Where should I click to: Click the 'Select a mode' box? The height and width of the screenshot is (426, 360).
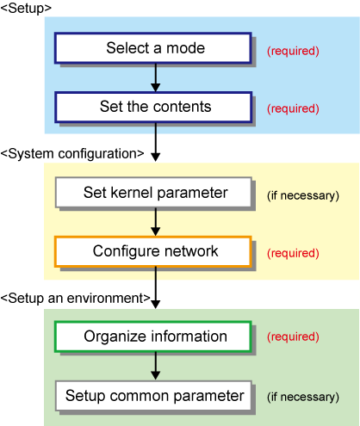pyautogui.click(x=153, y=48)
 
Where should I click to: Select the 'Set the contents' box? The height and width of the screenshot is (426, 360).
pyautogui.click(x=153, y=107)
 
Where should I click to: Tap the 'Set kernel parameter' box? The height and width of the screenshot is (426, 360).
pyautogui.click(x=153, y=192)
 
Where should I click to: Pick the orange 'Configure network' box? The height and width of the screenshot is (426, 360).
pyautogui.click(x=153, y=251)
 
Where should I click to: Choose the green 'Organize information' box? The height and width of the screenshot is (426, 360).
pyautogui.click(x=153, y=336)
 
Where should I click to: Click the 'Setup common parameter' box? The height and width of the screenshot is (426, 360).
pyautogui.click(x=153, y=396)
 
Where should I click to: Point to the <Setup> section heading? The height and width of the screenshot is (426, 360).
pyautogui.click(x=26, y=9)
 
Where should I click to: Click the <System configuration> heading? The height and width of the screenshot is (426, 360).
pyautogui.click(x=72, y=154)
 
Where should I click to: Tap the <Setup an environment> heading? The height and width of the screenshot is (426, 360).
pyautogui.click(x=76, y=299)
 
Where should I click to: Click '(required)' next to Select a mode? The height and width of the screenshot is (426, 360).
pyautogui.click(x=293, y=51)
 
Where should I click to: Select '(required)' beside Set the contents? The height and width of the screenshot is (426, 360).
pyautogui.click(x=293, y=108)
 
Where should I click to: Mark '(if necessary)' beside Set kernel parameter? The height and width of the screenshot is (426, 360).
pyautogui.click(x=303, y=196)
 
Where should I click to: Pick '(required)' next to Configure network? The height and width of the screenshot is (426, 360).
pyautogui.click(x=293, y=253)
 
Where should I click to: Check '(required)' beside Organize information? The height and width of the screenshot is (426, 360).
pyautogui.click(x=293, y=337)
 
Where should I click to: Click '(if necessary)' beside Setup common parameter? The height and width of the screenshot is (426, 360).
pyautogui.click(x=303, y=398)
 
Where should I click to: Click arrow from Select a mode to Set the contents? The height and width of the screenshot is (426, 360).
pyautogui.click(x=156, y=77)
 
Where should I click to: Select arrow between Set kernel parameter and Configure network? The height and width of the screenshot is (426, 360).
pyautogui.click(x=156, y=222)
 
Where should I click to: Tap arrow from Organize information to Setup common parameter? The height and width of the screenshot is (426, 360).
pyautogui.click(x=156, y=366)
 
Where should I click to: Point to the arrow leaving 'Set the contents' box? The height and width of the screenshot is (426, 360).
pyautogui.click(x=156, y=142)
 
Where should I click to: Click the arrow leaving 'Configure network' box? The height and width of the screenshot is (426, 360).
pyautogui.click(x=156, y=288)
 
